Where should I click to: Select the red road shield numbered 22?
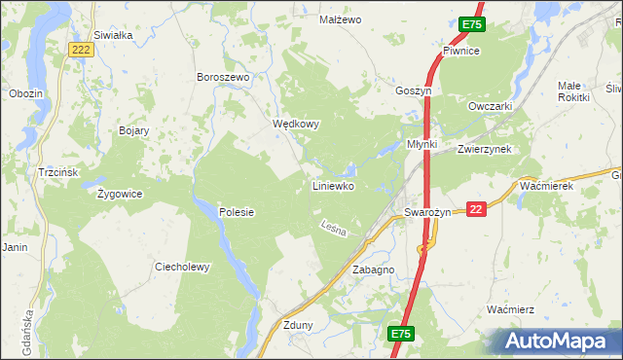point(476,209)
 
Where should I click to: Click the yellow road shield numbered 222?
point(83,50)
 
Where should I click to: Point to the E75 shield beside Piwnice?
point(471,24)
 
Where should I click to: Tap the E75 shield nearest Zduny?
point(401,334)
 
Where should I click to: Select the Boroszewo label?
point(224,77)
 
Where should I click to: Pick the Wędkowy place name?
point(296,125)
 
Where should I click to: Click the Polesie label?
point(237,212)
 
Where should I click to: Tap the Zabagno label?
point(373,270)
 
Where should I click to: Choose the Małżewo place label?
point(341,19)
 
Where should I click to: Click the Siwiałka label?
point(113,34)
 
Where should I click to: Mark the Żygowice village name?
point(120,194)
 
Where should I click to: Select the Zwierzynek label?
point(484,149)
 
